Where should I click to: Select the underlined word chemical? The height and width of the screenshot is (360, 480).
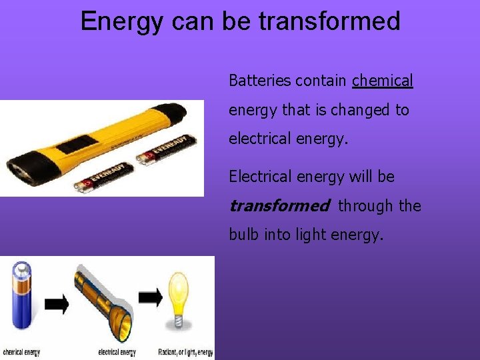pyautogui.click(x=383, y=81)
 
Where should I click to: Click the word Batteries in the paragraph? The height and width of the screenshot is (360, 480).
pyautogui.click(x=260, y=81)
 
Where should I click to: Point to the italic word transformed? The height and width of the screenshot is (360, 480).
pyautogui.click(x=278, y=206)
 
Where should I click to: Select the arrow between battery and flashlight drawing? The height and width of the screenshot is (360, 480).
pyautogui.click(x=57, y=305)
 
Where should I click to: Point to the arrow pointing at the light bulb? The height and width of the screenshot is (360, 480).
pyautogui.click(x=151, y=297)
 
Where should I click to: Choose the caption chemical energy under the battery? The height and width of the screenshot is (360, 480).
pyautogui.click(x=21, y=352)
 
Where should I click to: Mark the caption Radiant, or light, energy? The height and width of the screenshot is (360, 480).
pyautogui.click(x=185, y=352)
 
